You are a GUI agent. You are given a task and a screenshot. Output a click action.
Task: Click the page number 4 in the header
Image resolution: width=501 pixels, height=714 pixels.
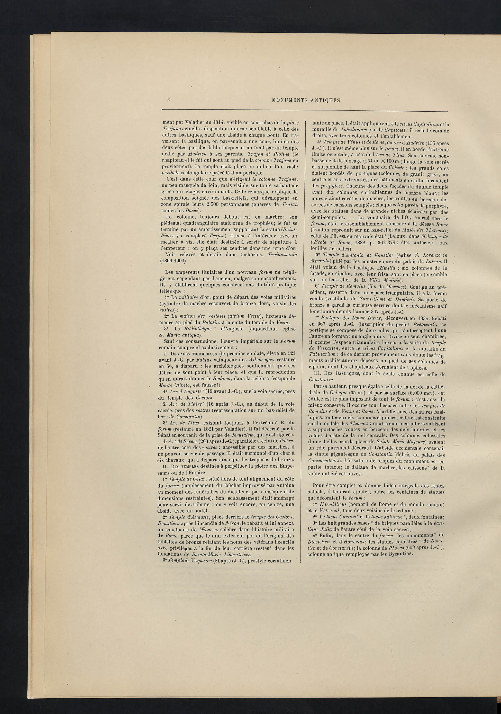click(x=168, y=100)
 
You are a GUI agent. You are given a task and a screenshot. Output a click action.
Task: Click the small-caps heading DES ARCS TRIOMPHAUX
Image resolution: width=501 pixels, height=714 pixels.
click(x=193, y=354)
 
